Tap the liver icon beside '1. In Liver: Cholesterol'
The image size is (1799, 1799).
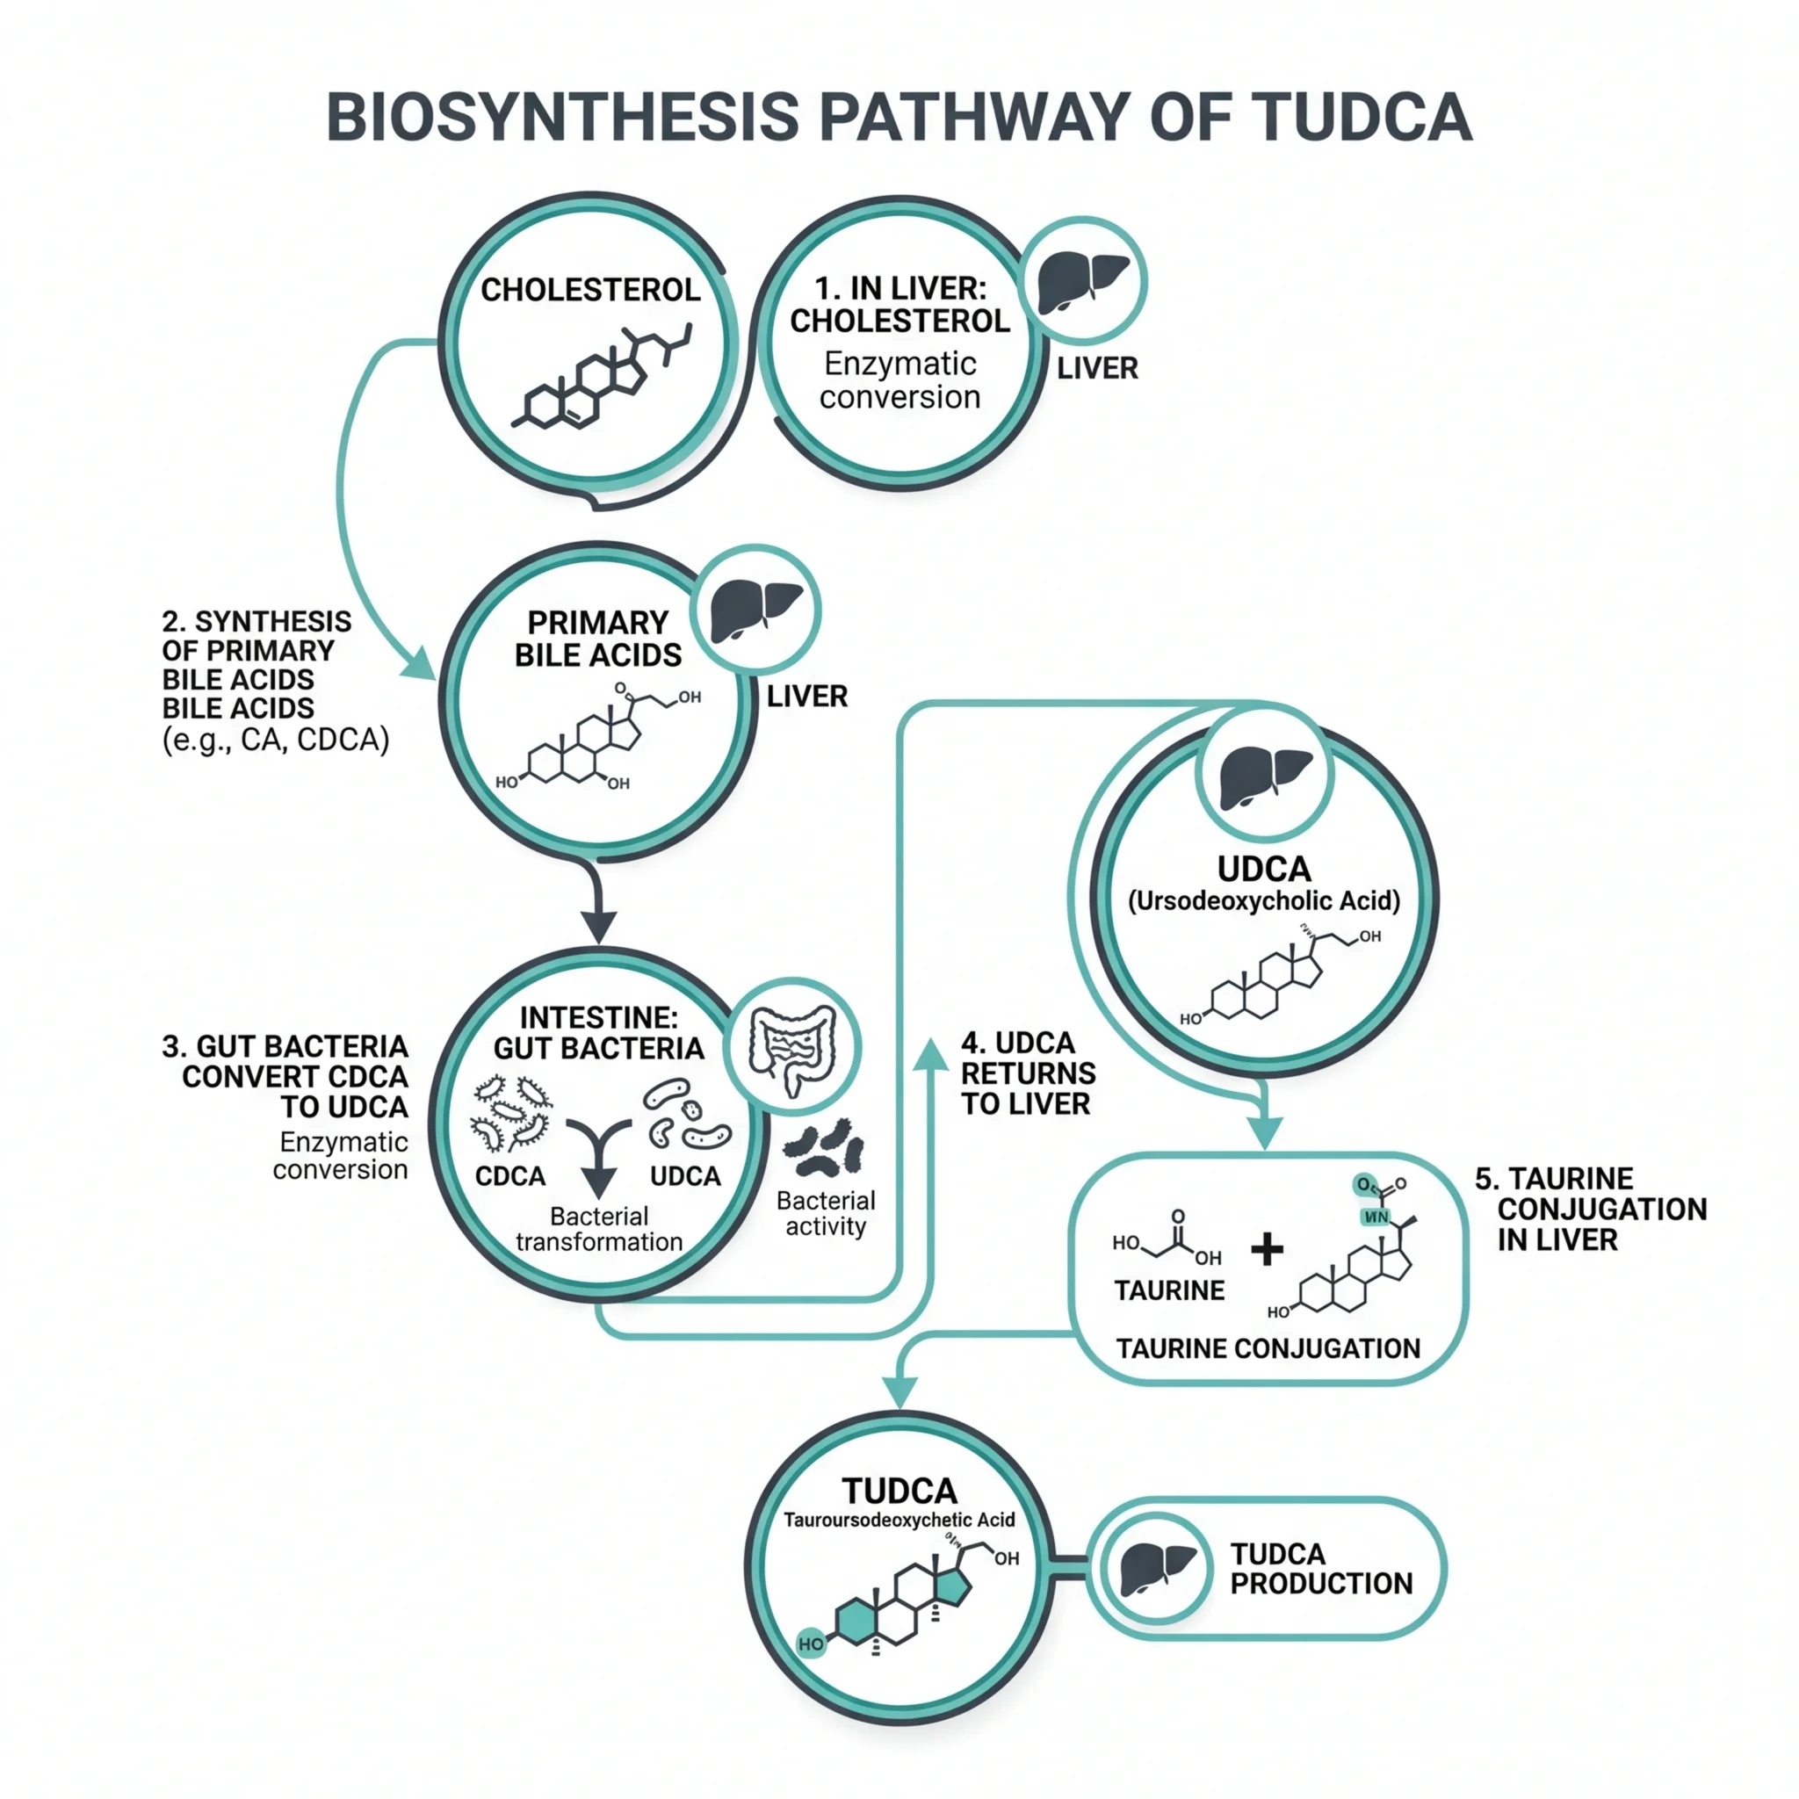point(1082,281)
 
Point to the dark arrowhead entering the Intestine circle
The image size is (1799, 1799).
point(599,927)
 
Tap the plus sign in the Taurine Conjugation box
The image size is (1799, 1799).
point(1267,1250)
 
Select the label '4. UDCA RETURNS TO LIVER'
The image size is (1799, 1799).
point(1027,1073)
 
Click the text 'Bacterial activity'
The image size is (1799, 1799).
point(826,1213)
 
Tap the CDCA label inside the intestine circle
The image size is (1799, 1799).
point(510,1176)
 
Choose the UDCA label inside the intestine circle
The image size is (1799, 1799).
point(685,1176)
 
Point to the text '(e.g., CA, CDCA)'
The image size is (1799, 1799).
point(276,741)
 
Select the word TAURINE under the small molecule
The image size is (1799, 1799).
point(1169,1290)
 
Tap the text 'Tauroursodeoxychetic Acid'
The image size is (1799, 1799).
point(899,1520)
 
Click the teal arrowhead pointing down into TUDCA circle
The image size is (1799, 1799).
point(899,1392)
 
